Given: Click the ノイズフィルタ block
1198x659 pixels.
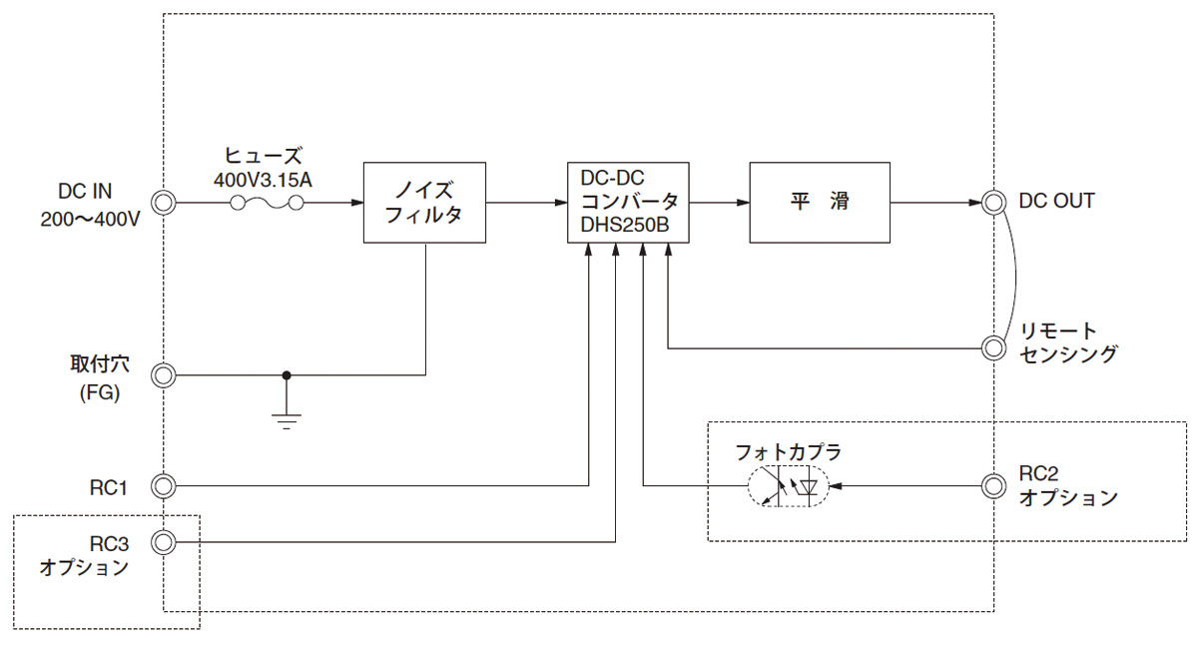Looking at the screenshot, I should point(424,202).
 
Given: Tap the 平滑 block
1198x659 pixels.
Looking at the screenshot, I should point(819,202).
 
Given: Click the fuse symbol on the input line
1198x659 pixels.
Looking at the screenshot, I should point(268,203).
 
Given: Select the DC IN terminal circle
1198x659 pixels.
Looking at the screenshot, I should point(163,203).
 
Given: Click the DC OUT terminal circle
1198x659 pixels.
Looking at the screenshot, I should point(992,203).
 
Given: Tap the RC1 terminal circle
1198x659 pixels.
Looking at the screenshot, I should point(163,486).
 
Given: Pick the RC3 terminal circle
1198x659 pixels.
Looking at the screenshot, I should point(163,542).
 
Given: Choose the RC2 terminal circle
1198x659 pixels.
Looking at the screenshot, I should point(992,486).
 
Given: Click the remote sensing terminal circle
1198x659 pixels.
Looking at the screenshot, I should point(992,347).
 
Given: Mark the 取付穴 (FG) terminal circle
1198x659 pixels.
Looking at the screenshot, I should point(163,376).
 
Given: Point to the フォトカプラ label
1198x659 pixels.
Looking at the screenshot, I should point(788,451).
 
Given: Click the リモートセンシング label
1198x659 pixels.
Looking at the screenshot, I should point(1068,342).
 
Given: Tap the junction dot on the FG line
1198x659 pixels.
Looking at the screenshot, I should point(287,376).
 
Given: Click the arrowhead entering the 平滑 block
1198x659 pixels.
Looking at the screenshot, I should point(743,203).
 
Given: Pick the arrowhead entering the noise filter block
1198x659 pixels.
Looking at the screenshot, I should point(356,203).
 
